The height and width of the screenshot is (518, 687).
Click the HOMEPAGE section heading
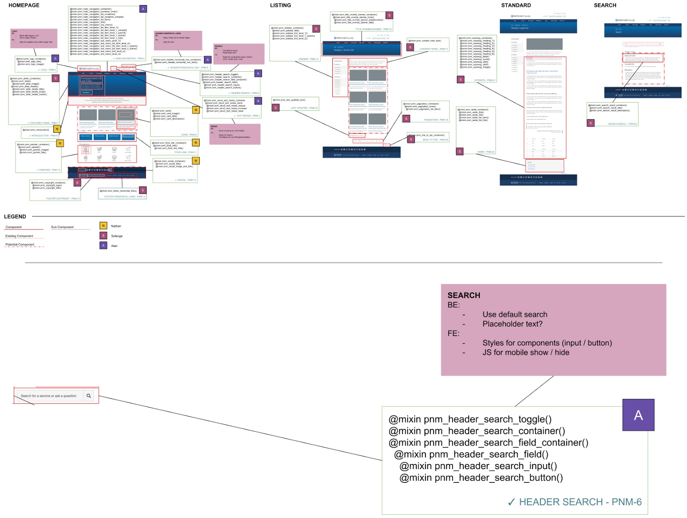[x=24, y=5]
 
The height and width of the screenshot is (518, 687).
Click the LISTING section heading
[x=280, y=5]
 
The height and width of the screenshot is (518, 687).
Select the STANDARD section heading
[x=516, y=5]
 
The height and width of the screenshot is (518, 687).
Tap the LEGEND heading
[x=15, y=217]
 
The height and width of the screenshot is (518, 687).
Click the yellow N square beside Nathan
[x=103, y=226]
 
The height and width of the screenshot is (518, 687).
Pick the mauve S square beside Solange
[x=103, y=236]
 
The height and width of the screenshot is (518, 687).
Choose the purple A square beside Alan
[x=103, y=245]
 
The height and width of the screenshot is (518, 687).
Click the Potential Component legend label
[x=20, y=245]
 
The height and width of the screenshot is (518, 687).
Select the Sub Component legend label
[x=62, y=227]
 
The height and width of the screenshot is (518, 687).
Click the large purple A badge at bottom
[x=638, y=415]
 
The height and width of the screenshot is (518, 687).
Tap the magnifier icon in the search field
[x=88, y=396]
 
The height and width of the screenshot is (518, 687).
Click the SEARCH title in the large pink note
[x=464, y=295]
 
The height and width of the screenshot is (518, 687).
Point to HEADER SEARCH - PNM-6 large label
[x=580, y=502]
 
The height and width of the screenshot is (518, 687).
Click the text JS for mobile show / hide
[x=526, y=352]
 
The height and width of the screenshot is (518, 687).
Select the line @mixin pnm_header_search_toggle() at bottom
[x=470, y=419]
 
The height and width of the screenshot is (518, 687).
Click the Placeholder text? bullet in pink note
[x=512, y=324]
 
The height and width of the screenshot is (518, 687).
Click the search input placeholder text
[x=49, y=396]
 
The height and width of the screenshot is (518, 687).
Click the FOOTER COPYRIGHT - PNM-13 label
[x=63, y=199]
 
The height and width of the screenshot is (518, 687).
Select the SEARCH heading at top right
[x=605, y=5]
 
